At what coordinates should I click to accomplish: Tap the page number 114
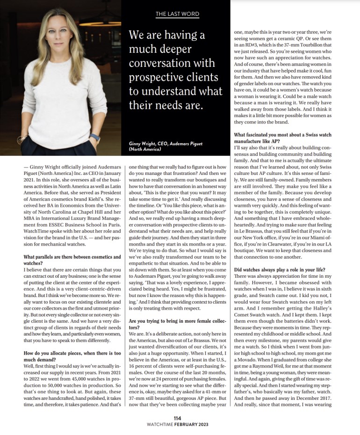[x=180, y=419]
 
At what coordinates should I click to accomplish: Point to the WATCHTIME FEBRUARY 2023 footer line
[x=180, y=425]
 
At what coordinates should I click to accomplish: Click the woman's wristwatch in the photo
[x=95, y=138]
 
